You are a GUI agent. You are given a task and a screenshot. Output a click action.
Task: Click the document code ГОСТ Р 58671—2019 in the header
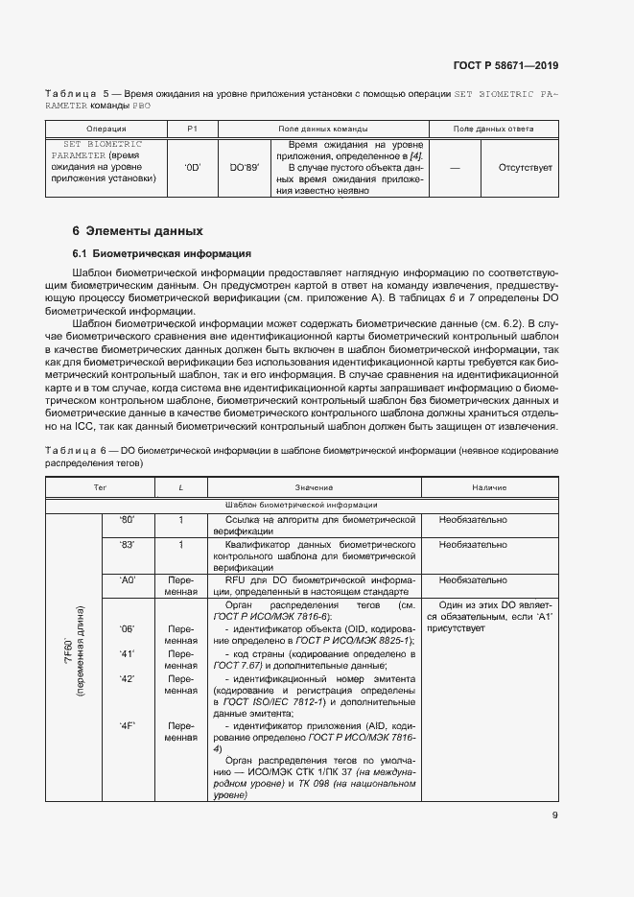505,66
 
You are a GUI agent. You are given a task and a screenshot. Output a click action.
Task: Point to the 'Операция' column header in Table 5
106,129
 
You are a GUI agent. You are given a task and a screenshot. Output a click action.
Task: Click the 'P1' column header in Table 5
192,129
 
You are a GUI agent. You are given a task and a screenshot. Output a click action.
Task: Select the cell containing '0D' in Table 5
192,167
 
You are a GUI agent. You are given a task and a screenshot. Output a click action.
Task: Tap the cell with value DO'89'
244,167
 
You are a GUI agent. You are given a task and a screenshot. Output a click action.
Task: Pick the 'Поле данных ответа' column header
493,129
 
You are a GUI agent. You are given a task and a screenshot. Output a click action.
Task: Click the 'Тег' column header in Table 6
99,488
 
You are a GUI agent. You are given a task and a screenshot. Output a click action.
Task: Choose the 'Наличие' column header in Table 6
489,488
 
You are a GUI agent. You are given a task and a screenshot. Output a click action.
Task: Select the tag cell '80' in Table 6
128,520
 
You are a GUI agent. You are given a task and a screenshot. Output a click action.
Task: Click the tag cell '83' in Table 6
128,545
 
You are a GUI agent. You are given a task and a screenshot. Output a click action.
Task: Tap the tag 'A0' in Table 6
128,580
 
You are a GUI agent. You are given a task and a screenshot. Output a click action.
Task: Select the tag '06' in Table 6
128,629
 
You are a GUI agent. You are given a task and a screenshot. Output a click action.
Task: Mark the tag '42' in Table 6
128,678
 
